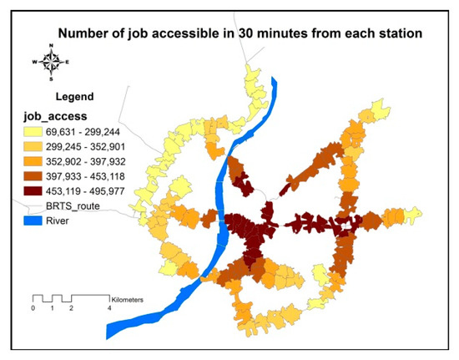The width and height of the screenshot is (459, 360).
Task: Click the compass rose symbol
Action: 50,62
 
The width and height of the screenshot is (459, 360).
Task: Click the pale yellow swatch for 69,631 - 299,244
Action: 38,131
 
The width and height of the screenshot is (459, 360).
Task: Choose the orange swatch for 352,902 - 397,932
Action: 38,161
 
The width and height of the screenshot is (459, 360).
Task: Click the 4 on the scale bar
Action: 109,308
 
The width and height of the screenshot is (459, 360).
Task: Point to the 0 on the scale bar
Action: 33,308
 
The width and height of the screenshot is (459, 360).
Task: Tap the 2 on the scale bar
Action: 71,308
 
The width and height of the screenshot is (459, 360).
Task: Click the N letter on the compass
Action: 50,50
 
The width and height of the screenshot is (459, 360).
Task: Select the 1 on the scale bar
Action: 52,308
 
